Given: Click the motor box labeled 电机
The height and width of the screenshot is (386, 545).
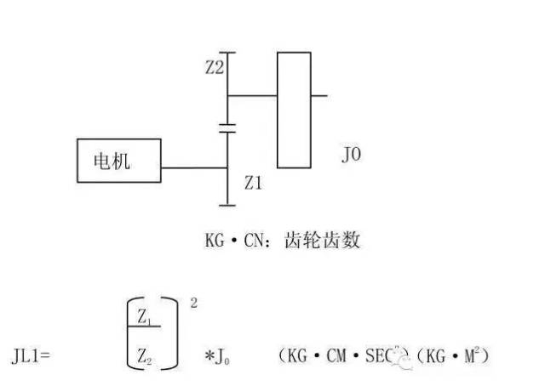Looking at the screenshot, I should pos(118,160).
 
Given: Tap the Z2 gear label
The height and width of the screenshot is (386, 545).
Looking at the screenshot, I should pos(215,68).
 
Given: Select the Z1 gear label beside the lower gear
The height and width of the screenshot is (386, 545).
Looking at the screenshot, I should pos(255,182).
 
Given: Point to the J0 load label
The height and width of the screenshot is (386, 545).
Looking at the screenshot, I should pos(351,156).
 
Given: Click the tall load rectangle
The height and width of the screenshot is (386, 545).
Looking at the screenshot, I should pos(294,110).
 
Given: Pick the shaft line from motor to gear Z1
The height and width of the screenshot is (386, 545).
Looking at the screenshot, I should pos(194,168).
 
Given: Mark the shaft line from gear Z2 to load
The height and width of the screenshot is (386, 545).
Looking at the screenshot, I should pos(253,95).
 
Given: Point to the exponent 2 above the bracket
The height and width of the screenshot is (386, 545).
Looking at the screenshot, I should pos(193,302).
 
